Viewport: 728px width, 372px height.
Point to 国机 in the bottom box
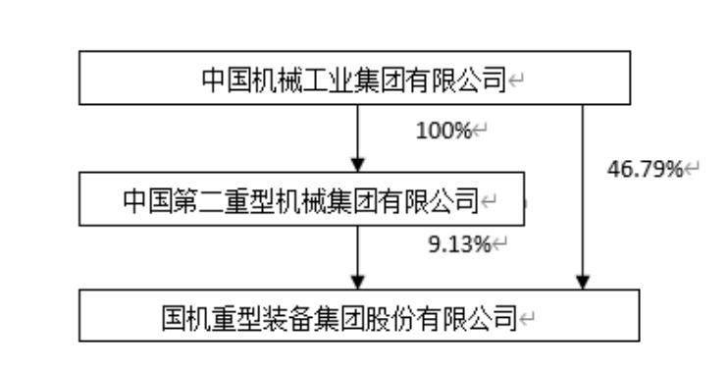187,317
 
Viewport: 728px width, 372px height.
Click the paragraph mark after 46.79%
692,170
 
